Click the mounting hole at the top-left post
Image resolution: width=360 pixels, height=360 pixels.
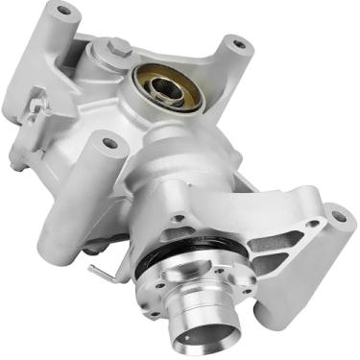click(x=64, y=12)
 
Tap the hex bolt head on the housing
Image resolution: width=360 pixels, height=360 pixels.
click(x=114, y=45)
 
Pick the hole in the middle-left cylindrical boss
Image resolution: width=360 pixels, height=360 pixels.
click(x=108, y=144)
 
